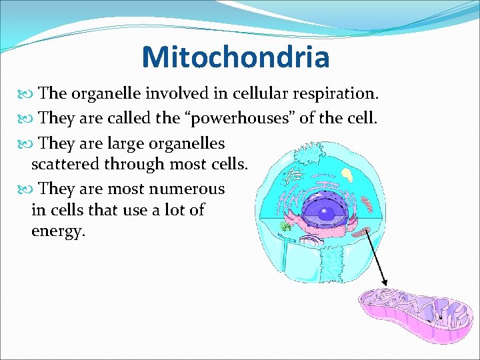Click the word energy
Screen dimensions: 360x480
click(x=58, y=231)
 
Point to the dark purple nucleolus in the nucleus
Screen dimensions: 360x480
click(x=327, y=214)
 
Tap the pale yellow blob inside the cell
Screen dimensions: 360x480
click(x=348, y=175)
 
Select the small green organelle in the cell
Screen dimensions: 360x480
click(x=286, y=227)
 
